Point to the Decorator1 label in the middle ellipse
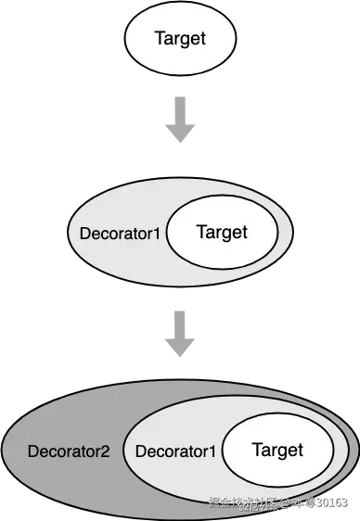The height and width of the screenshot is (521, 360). coord(120,232)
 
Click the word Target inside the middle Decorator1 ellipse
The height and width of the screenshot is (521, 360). coord(222,231)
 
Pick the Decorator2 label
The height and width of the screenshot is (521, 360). coord(69,452)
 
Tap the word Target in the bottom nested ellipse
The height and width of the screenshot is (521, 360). coord(277,450)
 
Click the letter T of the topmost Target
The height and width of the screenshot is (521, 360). coord(157,40)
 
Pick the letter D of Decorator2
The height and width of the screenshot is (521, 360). coord(32,452)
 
